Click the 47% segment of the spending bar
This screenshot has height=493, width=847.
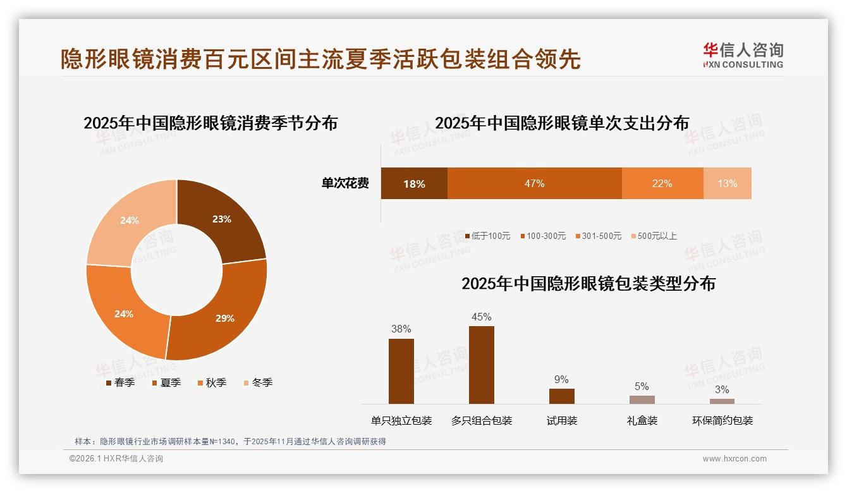click(x=534, y=183)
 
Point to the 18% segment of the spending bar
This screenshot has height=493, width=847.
click(x=414, y=183)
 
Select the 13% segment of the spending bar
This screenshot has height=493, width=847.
click(x=727, y=183)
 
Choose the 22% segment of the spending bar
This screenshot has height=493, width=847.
click(x=662, y=183)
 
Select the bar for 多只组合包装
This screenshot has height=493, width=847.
click(x=482, y=365)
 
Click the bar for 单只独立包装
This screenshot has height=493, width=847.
click(x=401, y=371)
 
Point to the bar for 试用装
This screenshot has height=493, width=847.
click(x=561, y=396)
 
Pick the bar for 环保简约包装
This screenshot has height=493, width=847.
click(x=722, y=401)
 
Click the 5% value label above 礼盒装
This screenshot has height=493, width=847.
click(x=642, y=387)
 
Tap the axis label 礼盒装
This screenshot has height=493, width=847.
click(x=642, y=420)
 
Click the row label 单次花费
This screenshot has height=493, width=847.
click(x=345, y=183)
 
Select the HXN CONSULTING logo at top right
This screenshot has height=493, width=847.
click(x=743, y=56)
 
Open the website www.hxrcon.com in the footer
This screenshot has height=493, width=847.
click(x=734, y=459)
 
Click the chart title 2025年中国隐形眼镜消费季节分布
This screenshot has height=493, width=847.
click(x=210, y=123)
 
